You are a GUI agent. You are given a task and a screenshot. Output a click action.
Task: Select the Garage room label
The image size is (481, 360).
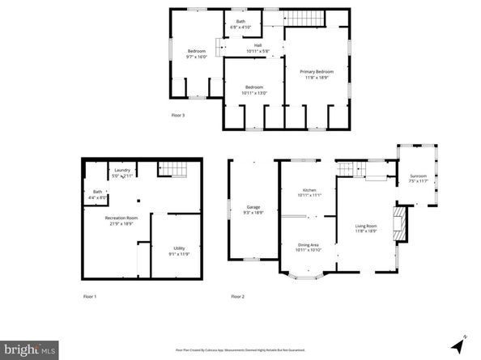(253, 210)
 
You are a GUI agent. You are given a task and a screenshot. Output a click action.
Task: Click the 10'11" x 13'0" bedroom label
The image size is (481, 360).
(253, 90)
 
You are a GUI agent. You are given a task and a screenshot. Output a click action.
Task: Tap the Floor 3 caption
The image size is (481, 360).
(177, 115)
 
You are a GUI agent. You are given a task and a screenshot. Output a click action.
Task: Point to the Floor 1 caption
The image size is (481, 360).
(89, 297)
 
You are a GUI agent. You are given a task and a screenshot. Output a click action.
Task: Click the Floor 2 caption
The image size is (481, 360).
(237, 297)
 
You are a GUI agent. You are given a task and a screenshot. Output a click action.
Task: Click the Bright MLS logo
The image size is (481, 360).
(29, 349)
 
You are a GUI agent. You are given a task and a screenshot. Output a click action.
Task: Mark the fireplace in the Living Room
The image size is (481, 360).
(398, 222)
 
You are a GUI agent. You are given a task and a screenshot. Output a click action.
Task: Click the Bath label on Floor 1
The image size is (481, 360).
(97, 193)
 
